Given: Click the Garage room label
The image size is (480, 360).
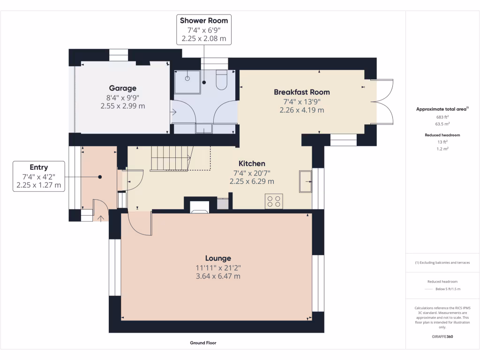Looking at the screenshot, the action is point(123,88).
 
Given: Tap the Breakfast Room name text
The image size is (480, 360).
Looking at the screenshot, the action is point(302,92).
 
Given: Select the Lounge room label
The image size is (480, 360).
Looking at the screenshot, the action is point(218,258).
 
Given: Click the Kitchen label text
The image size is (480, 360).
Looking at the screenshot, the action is point(252,164).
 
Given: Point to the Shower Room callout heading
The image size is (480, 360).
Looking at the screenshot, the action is point(204,21).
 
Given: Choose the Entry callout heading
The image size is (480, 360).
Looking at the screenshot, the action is point(39,167).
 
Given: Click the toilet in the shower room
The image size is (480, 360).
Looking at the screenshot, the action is point(221,80).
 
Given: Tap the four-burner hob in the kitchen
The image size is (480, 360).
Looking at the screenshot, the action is point(274,202).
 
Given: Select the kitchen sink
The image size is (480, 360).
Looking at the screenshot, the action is point(305,181).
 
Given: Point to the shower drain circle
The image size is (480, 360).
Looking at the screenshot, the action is point(187,78).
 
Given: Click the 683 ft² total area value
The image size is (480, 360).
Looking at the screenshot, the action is point(442,117).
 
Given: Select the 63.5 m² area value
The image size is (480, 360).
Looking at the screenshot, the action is point(442,124).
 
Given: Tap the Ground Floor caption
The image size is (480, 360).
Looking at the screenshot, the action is point(203,343).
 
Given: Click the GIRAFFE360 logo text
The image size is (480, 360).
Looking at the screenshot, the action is point(442,337).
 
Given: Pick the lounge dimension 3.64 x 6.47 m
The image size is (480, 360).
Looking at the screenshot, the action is point(218,276).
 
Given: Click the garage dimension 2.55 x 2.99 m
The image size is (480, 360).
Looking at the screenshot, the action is point(123,106).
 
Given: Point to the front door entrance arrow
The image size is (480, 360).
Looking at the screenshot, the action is point(101,218).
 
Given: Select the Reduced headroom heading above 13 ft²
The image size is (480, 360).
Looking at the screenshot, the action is point(442,135).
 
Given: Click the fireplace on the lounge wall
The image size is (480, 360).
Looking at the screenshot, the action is point(200,207).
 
